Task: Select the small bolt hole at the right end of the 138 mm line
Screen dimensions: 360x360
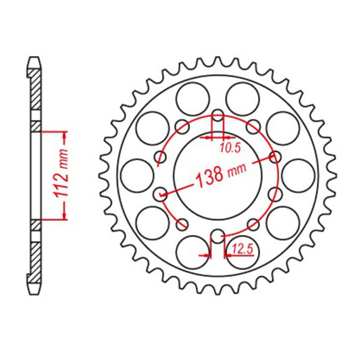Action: pyautogui.click(x=275, y=157)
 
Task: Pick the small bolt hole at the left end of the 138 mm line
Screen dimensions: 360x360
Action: pyautogui.click(x=161, y=195)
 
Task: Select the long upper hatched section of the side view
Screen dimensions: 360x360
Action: pyautogui.click(x=36, y=95)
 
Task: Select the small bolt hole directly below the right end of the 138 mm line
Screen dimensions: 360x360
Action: pyautogui.click(x=275, y=195)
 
